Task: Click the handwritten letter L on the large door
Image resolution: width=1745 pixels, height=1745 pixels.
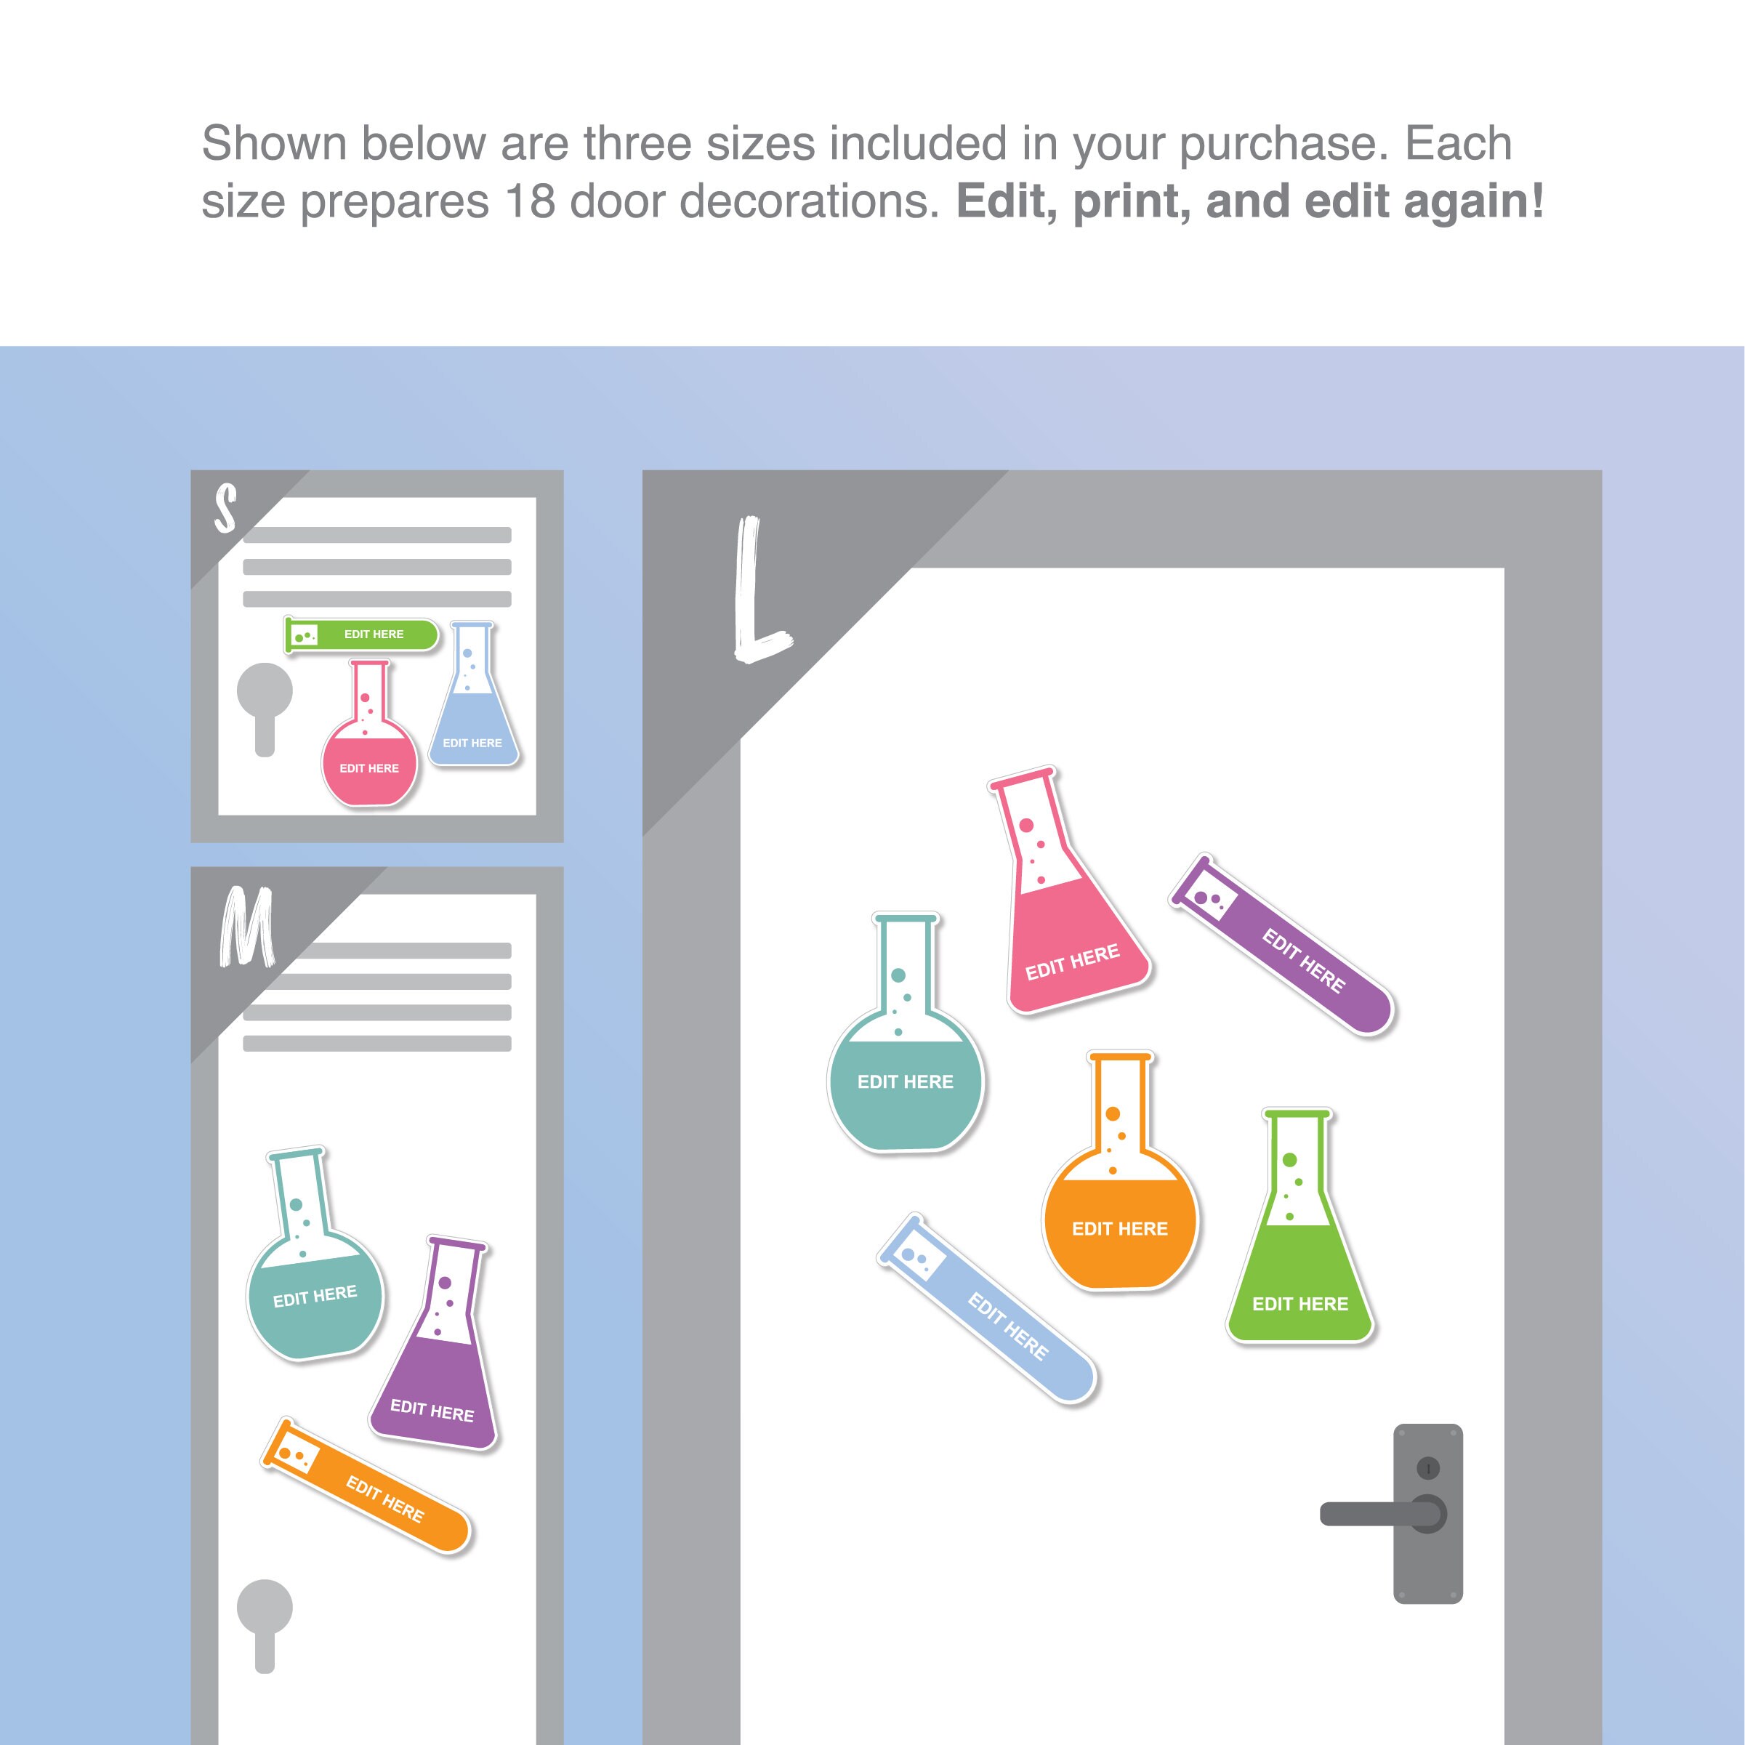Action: click(757, 592)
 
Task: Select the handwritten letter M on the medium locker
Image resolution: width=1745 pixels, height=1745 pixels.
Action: click(246, 927)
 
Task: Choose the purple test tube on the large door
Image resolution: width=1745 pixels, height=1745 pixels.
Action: click(1283, 945)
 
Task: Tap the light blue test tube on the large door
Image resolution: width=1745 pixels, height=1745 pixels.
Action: click(989, 1310)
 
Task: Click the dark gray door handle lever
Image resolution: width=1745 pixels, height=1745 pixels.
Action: click(1373, 1515)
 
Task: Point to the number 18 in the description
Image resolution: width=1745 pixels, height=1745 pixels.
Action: click(529, 201)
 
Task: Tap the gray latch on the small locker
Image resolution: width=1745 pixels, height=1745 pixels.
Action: click(265, 709)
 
